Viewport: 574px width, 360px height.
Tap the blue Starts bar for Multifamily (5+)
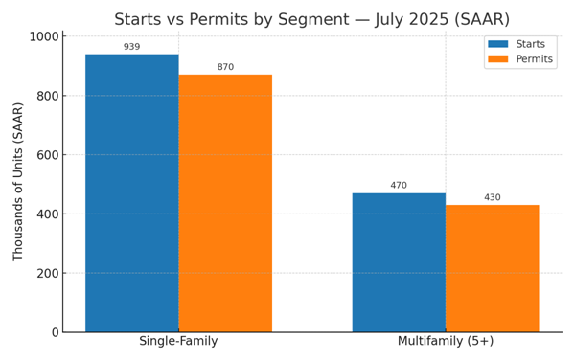(x=399, y=262)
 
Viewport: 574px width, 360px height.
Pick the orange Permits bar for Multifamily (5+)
(x=492, y=268)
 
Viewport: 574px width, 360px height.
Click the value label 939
(x=131, y=47)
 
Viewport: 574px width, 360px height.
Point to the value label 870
(x=225, y=67)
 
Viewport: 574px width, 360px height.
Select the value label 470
(x=399, y=186)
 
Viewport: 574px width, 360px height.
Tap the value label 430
(x=492, y=197)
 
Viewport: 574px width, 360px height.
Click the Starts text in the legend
(x=531, y=44)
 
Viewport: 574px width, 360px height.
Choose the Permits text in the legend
(x=535, y=59)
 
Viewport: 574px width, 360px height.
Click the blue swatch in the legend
(x=498, y=44)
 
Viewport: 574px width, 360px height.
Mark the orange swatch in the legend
(x=498, y=59)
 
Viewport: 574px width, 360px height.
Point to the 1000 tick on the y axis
(x=43, y=36)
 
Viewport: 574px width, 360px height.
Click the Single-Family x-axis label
(x=178, y=342)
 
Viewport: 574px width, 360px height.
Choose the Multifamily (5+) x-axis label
(x=446, y=342)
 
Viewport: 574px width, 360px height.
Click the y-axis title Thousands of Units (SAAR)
(x=18, y=182)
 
